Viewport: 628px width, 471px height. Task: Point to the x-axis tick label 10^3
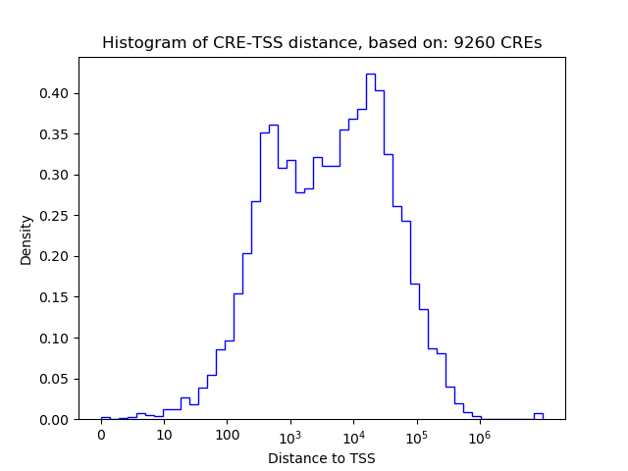click(x=290, y=435)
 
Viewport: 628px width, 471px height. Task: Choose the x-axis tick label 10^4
click(x=353, y=435)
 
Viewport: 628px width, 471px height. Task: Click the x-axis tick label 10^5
click(x=417, y=435)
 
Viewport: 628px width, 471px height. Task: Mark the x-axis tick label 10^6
click(x=480, y=435)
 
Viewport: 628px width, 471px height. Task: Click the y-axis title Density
click(x=26, y=239)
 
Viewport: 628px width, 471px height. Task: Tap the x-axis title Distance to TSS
click(x=322, y=457)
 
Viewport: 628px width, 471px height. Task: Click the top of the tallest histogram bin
click(x=370, y=74)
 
